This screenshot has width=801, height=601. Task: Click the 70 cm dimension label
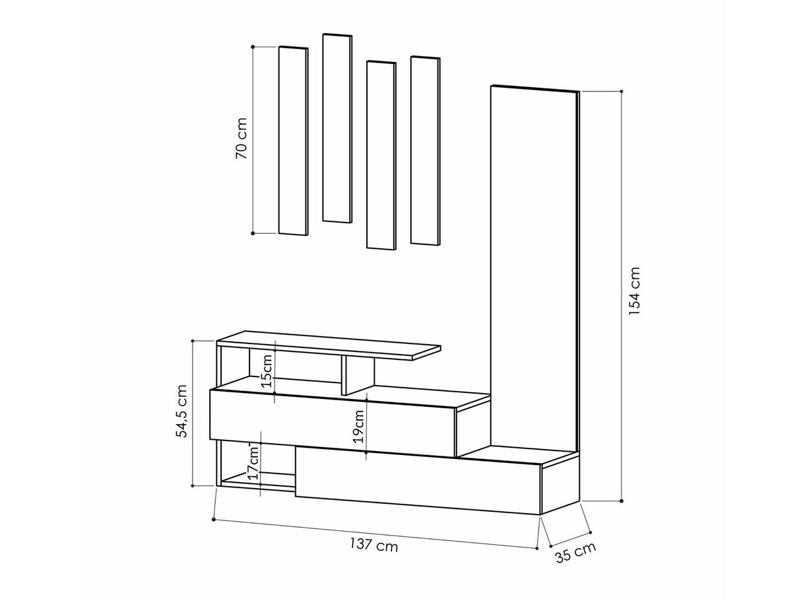pos(241,139)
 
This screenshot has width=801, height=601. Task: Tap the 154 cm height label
pos(634,291)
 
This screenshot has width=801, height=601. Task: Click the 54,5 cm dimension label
pos(181,411)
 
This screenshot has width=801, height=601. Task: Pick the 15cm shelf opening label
pos(267,371)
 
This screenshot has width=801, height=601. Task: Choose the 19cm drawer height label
pos(358,426)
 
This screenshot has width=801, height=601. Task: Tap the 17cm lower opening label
pos(253,462)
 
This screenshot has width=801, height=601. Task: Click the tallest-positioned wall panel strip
pos(337,127)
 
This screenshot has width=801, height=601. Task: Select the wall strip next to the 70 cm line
pos(294,141)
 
